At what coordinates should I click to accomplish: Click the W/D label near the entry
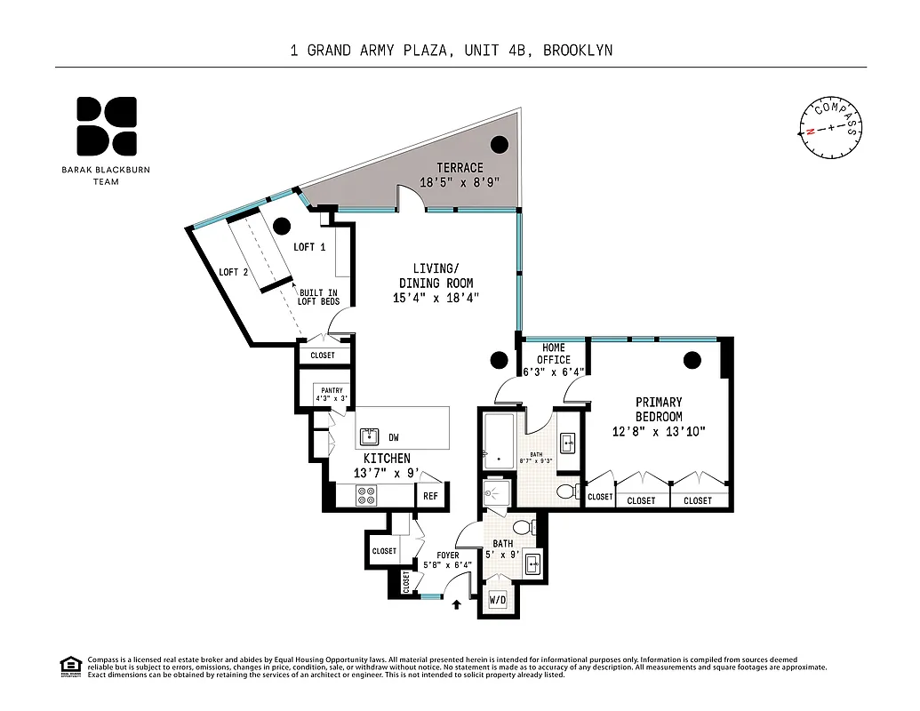(498, 600)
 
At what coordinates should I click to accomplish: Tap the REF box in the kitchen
(430, 497)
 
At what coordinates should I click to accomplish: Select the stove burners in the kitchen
(366, 498)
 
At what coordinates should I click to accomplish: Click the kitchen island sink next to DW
(369, 436)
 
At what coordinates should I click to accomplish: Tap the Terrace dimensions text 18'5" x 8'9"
(460, 182)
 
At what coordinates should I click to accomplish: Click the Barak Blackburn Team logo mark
(106, 125)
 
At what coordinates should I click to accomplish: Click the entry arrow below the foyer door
(458, 604)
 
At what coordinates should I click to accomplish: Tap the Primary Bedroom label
(659, 409)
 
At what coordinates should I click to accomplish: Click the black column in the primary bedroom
(692, 360)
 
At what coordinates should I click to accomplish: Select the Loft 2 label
(234, 272)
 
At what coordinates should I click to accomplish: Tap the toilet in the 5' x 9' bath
(524, 527)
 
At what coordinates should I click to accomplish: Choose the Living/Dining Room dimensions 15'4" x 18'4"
(436, 298)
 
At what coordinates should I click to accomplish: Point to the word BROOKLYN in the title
(578, 51)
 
